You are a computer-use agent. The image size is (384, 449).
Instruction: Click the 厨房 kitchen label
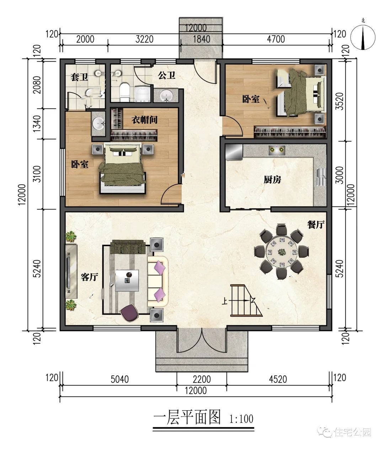click(272, 180)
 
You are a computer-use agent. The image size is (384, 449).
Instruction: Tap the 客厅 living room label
click(89, 277)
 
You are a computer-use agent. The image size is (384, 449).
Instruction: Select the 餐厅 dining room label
click(316, 224)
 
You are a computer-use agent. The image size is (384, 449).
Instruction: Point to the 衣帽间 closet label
click(144, 120)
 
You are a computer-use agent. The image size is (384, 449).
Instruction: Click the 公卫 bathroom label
click(166, 75)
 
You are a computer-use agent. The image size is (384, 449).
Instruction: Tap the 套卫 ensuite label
click(79, 77)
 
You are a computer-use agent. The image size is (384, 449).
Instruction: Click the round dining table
click(282, 252)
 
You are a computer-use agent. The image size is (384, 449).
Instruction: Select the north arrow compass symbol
click(363, 37)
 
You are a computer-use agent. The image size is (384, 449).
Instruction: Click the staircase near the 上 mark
click(246, 300)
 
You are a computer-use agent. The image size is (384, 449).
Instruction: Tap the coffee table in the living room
click(127, 280)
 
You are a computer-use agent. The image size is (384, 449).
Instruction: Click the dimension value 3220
click(144, 39)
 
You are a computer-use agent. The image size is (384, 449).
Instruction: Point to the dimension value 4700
click(276, 39)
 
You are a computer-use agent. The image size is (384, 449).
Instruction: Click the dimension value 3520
click(340, 101)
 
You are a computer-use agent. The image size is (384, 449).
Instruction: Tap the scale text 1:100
click(241, 419)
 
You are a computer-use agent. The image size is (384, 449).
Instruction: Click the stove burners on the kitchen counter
click(277, 150)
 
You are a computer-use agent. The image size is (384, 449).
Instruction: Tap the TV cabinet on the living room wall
click(71, 271)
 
